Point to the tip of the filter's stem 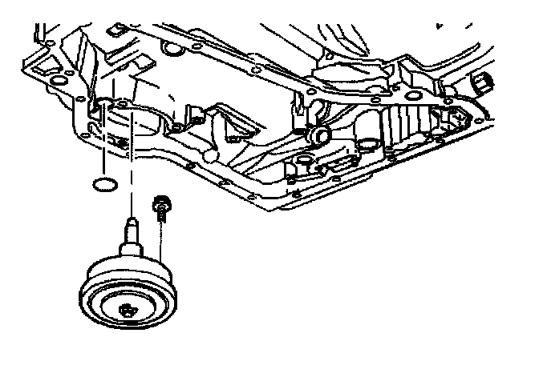(x=128, y=217)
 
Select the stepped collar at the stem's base (x=129, y=243)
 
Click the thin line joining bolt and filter (x=162, y=240)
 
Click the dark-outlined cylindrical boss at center (x=319, y=131)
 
